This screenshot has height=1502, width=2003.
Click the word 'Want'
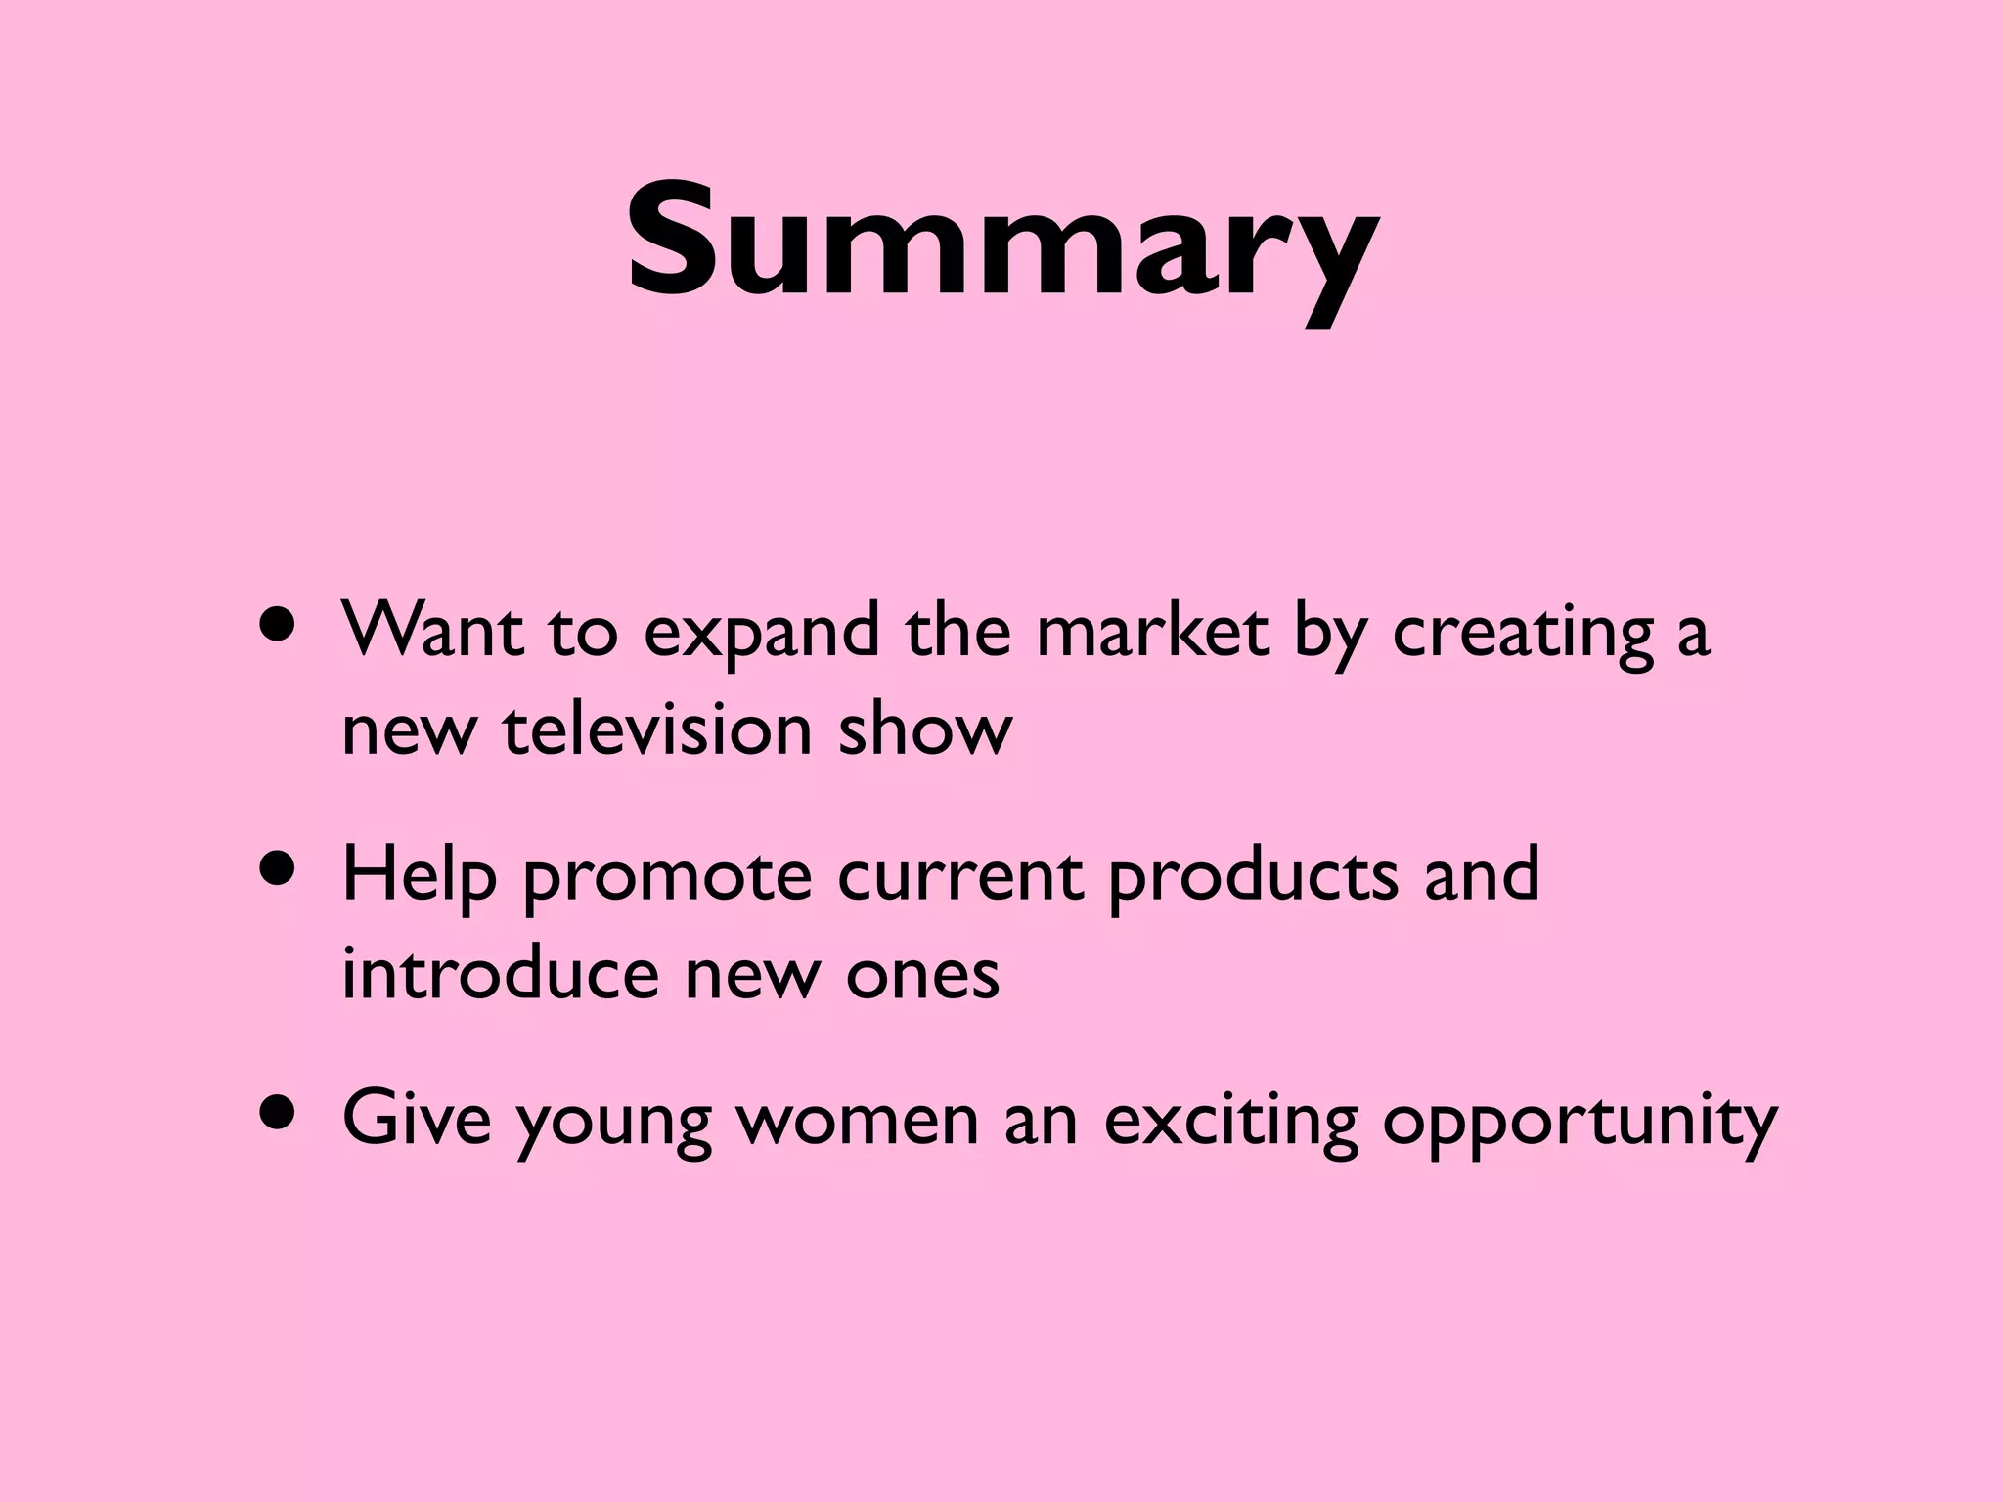point(432,631)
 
